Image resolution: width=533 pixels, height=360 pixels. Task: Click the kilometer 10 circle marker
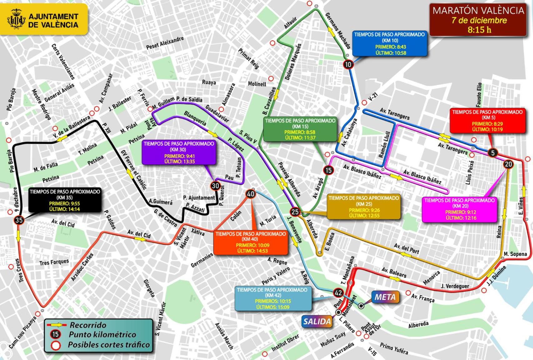(x=348, y=64)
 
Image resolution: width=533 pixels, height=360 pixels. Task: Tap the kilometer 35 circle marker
(x=19, y=220)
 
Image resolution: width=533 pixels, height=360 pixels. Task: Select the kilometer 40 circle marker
(x=251, y=194)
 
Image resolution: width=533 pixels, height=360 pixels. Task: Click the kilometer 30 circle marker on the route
(x=216, y=186)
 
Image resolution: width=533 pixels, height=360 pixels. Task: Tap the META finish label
(x=385, y=297)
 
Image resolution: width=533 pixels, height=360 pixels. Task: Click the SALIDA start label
(x=317, y=321)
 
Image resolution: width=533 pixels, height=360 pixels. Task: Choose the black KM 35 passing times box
(x=65, y=200)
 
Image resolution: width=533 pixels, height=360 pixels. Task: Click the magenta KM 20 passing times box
(x=459, y=209)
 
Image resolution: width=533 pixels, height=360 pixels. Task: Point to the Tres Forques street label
(x=54, y=262)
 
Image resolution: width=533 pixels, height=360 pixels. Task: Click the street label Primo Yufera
(x=394, y=348)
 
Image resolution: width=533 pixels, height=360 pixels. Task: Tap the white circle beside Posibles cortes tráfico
(x=56, y=345)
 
